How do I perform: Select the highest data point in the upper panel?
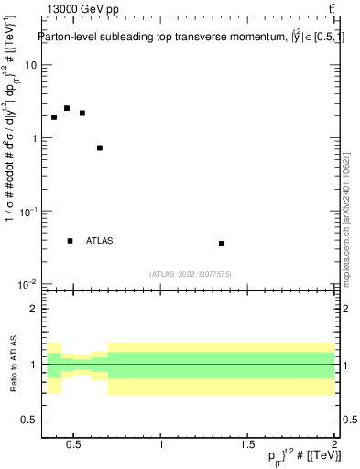[x=67, y=108]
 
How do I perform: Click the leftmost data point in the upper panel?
[x=54, y=117]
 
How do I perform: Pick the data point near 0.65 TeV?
[x=100, y=147]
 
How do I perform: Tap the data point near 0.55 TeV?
[x=82, y=114]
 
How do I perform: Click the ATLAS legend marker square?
[x=71, y=241]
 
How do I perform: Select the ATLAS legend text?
[x=100, y=241]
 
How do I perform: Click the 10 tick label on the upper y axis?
[x=31, y=66]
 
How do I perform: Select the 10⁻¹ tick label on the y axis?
[x=27, y=212]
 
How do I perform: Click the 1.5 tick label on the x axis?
[x=247, y=444]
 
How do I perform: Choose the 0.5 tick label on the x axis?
[x=74, y=444]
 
